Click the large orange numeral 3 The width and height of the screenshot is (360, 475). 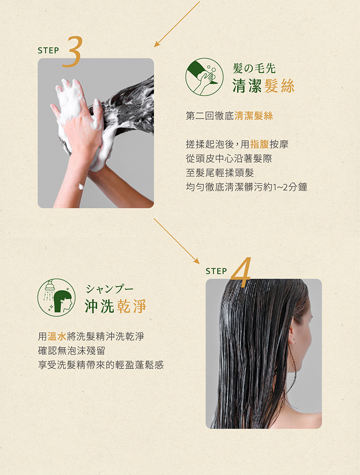click(73, 51)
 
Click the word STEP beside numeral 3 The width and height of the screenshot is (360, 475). click(48, 50)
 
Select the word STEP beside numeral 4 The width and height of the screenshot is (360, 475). click(216, 271)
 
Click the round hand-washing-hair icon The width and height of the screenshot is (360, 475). click(204, 76)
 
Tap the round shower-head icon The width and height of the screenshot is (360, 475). click(56, 297)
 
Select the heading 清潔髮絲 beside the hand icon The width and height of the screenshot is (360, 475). click(263, 86)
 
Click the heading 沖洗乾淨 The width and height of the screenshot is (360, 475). click(115, 306)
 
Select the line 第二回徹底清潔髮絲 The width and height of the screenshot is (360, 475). click(229, 116)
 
